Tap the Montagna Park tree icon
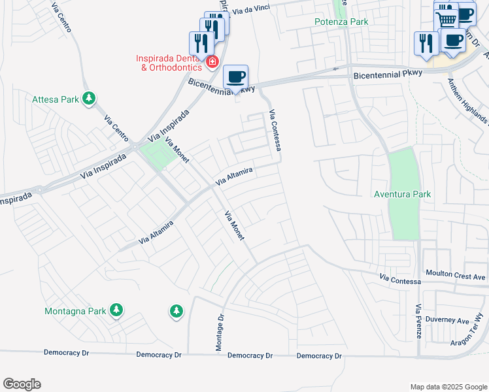[116, 310]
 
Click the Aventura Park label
[402, 194]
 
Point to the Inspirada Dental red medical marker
[212, 62]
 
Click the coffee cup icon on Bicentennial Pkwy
[236, 76]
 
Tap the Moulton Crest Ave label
[456, 276]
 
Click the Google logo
[22, 384]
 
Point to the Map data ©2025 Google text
[448, 387]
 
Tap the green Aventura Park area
[403, 216]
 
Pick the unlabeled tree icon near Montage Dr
[175, 312]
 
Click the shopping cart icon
[447, 18]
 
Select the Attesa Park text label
[56, 100]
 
